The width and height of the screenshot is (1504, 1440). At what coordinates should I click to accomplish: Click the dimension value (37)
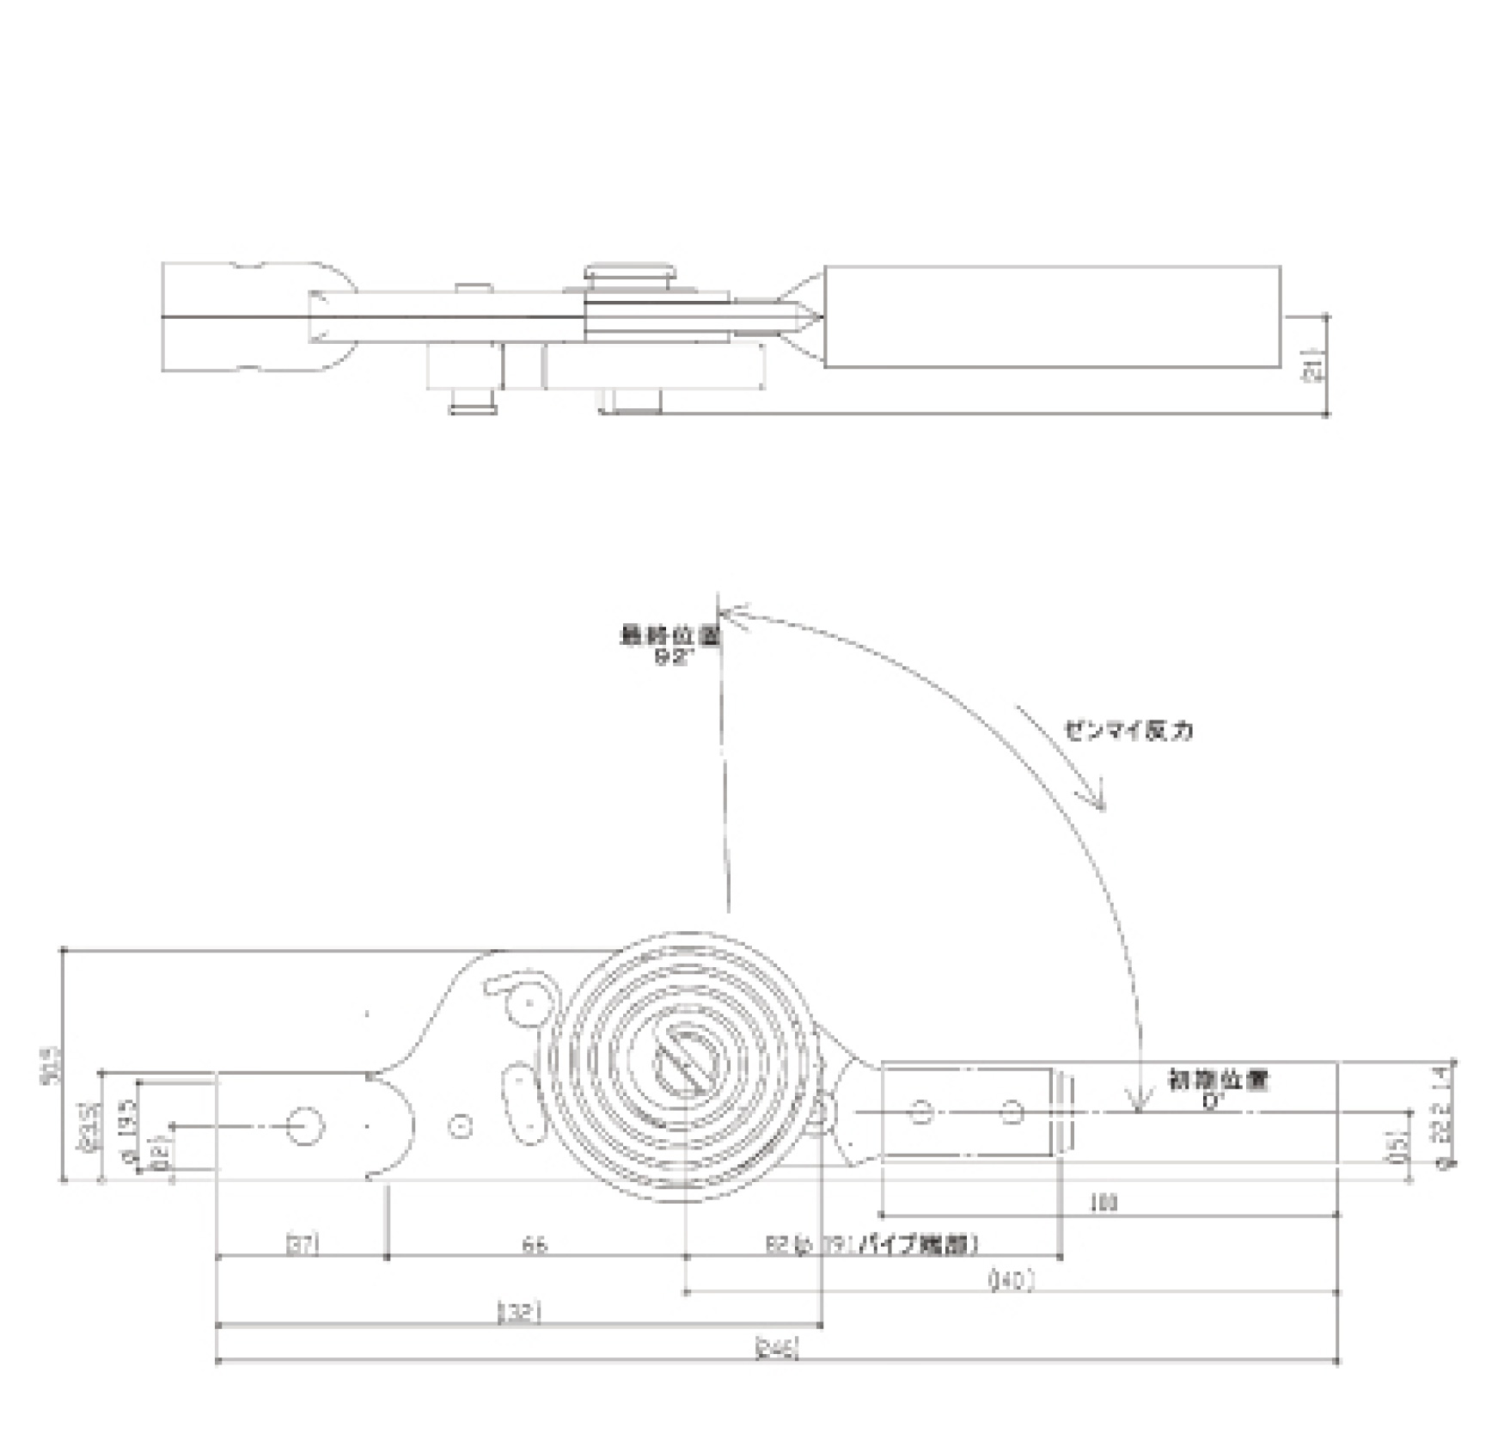[x=302, y=1244]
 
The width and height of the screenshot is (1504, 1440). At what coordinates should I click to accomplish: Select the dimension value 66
[x=535, y=1244]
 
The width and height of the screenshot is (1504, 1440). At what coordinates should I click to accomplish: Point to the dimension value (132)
[x=519, y=1313]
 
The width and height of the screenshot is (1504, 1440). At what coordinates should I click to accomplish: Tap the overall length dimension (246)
[x=776, y=1349]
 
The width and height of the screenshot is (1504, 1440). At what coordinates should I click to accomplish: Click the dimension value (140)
[x=1012, y=1280]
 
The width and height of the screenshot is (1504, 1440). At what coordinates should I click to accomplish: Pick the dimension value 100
[x=1104, y=1203]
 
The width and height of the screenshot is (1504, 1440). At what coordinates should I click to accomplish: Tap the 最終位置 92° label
[x=670, y=646]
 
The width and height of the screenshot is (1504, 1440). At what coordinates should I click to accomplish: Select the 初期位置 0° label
[x=1217, y=1088]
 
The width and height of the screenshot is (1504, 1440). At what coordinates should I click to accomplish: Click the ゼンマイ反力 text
[x=1128, y=731]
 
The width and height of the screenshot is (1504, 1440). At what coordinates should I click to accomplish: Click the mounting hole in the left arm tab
[x=303, y=1125]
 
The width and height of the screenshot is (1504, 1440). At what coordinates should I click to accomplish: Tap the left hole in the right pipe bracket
[x=920, y=1112]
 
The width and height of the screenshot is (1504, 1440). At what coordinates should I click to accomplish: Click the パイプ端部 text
[x=921, y=1244]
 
